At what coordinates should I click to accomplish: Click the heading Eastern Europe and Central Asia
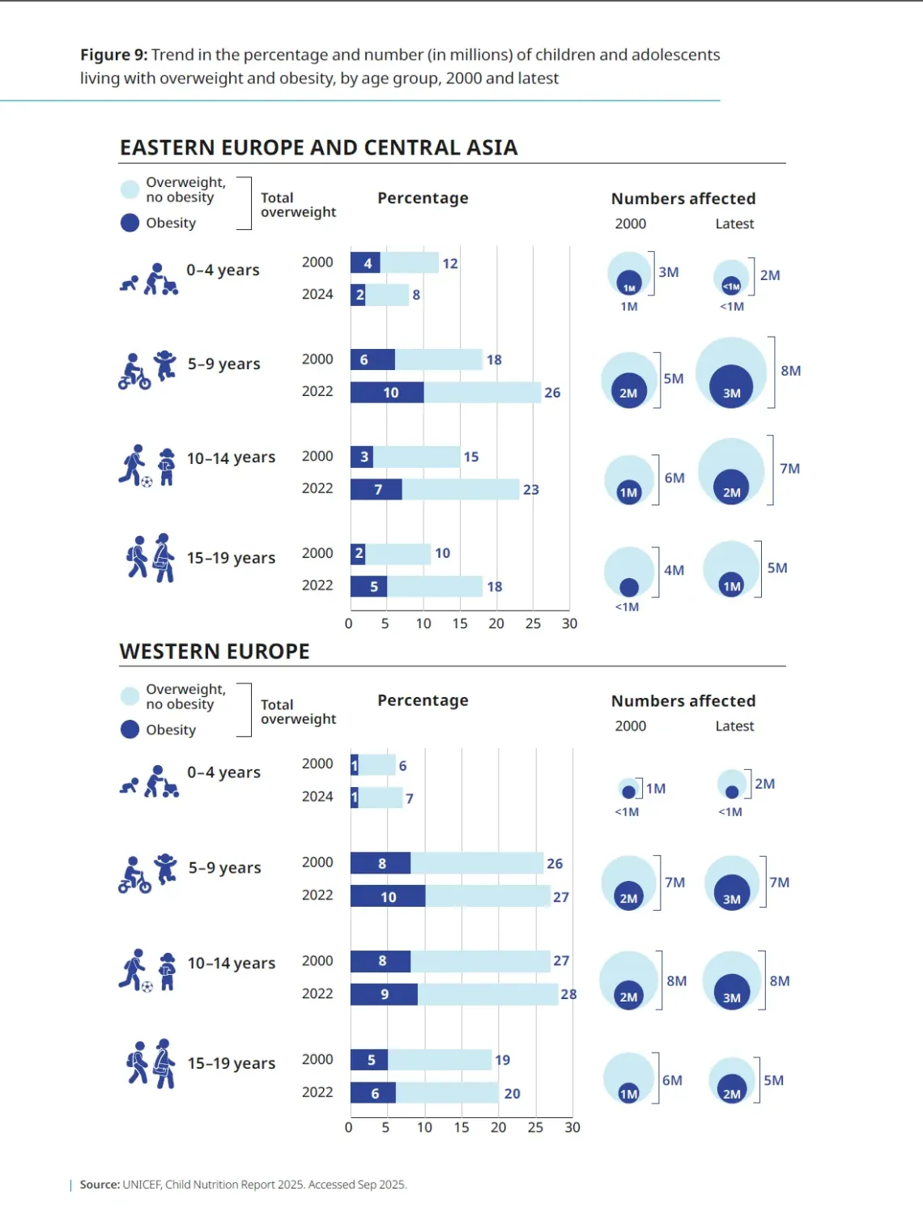[x=319, y=147]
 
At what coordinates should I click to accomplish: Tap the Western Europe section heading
[x=215, y=651]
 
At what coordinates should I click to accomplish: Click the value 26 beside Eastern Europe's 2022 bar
[x=552, y=393]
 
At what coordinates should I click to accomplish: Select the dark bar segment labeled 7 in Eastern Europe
[x=376, y=489]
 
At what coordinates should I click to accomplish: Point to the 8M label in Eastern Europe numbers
[x=790, y=370]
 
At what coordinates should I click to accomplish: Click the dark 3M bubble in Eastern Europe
[x=731, y=386]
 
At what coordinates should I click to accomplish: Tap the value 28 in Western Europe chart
[x=568, y=994]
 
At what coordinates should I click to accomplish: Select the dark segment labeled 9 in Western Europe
[x=384, y=994]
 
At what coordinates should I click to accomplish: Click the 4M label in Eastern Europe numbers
[x=674, y=570]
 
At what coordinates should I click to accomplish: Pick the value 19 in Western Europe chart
[x=502, y=1060]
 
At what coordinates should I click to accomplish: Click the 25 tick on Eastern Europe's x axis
[x=533, y=623]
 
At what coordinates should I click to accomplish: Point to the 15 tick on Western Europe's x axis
[x=461, y=1128]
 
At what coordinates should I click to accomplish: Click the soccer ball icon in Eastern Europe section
[x=147, y=482]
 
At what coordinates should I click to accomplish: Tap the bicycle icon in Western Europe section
[x=135, y=883]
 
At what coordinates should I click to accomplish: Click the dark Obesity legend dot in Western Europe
[x=130, y=729]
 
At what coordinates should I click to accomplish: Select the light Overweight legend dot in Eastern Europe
[x=130, y=189]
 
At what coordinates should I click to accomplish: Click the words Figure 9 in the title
[x=113, y=55]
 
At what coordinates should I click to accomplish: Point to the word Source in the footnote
[x=100, y=1185]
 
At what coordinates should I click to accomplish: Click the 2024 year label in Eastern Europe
[x=317, y=295]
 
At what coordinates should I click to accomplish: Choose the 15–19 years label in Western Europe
[x=232, y=1063]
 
